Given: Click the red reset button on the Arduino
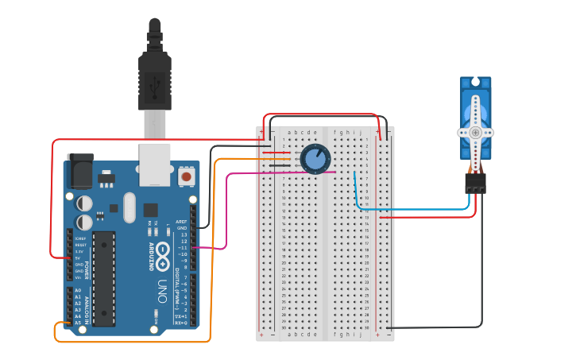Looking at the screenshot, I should click(x=186, y=176).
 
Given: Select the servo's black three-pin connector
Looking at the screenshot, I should click(x=476, y=184).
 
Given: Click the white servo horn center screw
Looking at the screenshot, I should click(x=475, y=134).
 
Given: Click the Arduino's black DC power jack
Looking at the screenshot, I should click(x=79, y=170).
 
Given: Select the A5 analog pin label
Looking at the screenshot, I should click(x=77, y=323).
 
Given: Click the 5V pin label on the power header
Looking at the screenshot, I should click(x=79, y=257).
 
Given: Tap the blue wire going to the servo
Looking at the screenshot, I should click(x=413, y=210).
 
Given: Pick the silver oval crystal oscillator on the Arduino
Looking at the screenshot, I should click(x=129, y=208).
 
